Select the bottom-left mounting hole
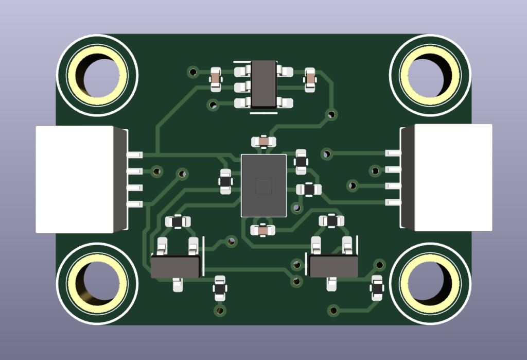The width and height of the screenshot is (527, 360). click(97, 284)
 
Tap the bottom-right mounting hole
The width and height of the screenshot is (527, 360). click(430, 284)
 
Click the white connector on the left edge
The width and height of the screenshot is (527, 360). click(75, 179)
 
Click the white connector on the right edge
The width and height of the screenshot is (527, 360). click(453, 178)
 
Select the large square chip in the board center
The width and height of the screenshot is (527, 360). click(263, 185)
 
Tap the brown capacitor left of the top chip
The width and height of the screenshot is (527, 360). click(215, 79)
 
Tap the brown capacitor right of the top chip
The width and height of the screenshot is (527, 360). click(310, 79)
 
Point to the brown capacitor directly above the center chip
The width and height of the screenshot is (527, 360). click(263, 141)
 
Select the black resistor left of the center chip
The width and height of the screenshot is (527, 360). click(225, 181)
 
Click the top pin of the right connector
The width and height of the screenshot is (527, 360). click(392, 153)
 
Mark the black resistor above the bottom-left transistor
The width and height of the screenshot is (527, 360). click(178, 221)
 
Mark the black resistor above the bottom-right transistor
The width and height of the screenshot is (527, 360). click(331, 221)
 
